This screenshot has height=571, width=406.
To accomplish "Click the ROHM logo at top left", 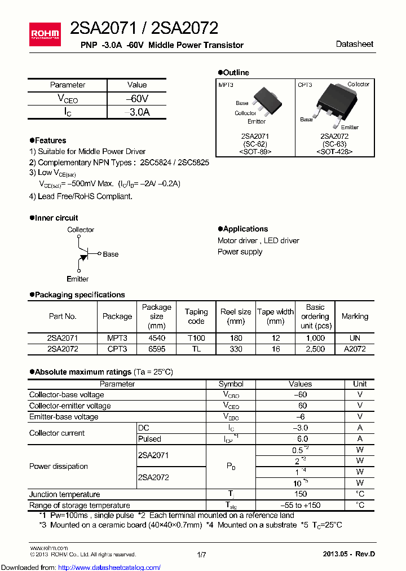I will [x=45, y=33].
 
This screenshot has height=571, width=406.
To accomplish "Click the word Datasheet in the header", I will [x=354, y=44].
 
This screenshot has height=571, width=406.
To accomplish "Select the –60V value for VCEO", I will [x=137, y=98].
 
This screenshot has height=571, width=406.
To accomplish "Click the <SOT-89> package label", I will [x=255, y=151].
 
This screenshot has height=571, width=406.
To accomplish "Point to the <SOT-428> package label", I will [x=334, y=151].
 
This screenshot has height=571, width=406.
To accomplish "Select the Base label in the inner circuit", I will [x=111, y=254].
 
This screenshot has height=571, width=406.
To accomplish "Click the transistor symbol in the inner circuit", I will [x=83, y=254].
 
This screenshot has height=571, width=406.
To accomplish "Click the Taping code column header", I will [x=196, y=317].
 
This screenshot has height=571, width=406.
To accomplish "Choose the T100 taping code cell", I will [x=196, y=338].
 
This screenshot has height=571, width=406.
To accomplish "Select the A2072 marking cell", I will [x=355, y=349].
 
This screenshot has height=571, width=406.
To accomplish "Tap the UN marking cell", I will [x=355, y=338].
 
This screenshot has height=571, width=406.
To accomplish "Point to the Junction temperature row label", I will [x=65, y=494].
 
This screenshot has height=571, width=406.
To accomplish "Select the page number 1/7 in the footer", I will [x=202, y=555].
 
